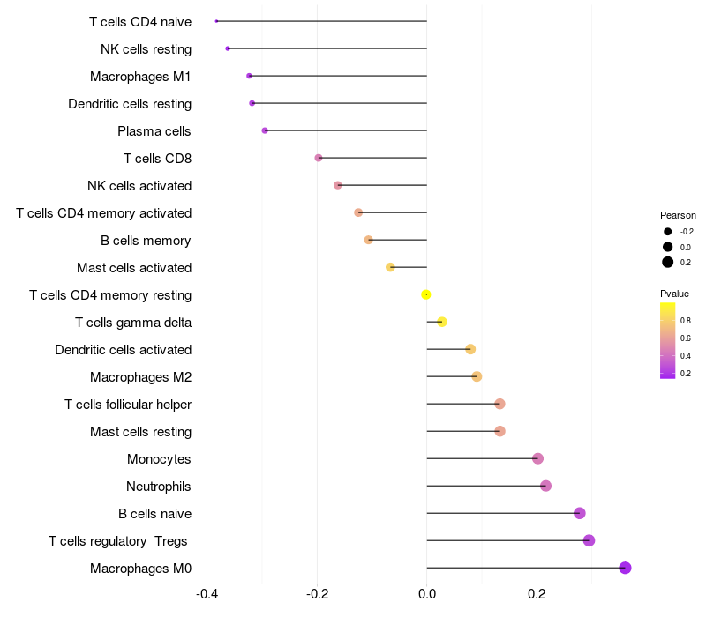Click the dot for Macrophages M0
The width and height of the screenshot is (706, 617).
[625, 568]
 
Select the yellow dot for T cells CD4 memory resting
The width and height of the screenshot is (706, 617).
[426, 294]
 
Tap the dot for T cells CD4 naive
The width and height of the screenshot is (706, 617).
[216, 21]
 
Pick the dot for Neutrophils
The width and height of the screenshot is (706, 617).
[545, 486]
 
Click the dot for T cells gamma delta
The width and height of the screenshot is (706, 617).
[442, 322]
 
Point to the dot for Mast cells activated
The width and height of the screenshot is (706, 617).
[390, 267]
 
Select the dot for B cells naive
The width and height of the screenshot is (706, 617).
[579, 513]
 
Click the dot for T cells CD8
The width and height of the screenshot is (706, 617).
[319, 158]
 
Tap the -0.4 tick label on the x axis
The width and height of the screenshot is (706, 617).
[207, 595]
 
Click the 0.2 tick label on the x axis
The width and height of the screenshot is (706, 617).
[536, 595]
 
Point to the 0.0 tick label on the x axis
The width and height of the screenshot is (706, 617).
[426, 595]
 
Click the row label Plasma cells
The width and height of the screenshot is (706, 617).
[154, 131]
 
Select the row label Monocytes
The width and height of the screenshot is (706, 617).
[159, 459]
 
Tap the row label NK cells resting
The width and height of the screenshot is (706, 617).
[146, 48]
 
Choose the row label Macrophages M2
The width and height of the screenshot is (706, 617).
[140, 377]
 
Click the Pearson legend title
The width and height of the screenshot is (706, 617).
[678, 215]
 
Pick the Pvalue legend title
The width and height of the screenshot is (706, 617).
[674, 294]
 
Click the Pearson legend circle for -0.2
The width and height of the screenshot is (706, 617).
[668, 232]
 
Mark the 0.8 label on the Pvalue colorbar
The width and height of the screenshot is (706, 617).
[686, 320]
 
